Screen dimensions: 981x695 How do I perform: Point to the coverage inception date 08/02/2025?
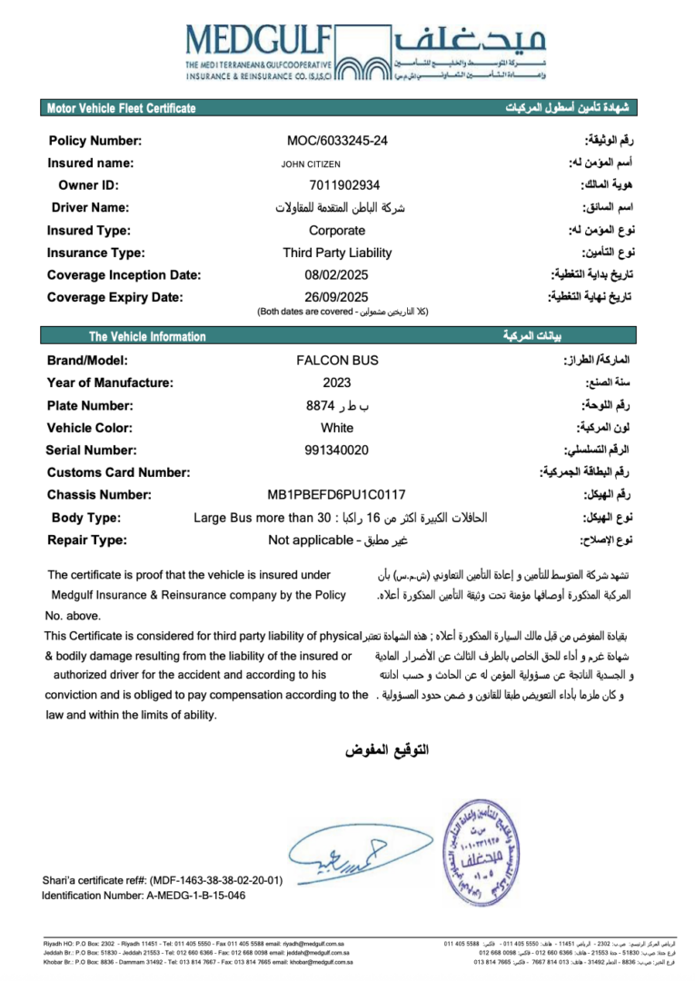(337, 274)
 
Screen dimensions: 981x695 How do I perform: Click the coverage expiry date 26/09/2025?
(337, 297)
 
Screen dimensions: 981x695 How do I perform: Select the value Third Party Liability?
(337, 253)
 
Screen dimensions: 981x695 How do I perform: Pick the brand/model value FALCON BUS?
(337, 361)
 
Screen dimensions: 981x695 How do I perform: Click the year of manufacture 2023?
(337, 382)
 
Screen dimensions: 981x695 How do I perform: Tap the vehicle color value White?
(337, 427)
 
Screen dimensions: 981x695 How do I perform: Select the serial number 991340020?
(337, 450)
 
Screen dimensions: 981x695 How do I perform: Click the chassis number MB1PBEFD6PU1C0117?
(337, 495)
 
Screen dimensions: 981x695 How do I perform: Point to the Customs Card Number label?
(118, 472)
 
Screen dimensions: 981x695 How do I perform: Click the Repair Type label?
(87, 540)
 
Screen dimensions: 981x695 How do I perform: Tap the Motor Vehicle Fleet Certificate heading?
(122, 109)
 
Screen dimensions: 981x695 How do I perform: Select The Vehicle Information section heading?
(147, 337)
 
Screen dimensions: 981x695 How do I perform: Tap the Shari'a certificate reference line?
(163, 880)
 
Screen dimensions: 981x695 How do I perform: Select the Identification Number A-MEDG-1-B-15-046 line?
(144, 896)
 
